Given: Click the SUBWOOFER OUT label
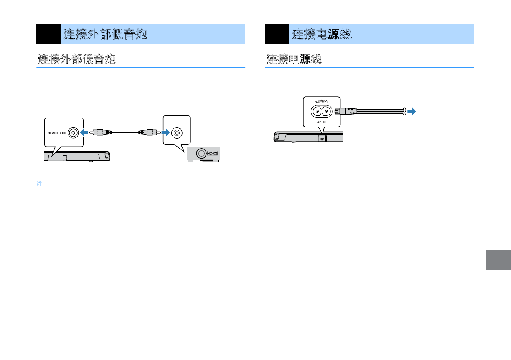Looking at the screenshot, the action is coord(57,133).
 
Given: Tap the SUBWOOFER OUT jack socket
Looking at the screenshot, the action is coord(73,133).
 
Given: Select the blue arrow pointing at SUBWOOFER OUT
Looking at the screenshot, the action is coord(85,132).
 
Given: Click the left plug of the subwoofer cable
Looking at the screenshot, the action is coord(100,132).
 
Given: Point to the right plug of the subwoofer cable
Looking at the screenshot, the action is coord(149,132).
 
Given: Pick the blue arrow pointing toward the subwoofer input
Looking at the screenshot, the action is coord(166,132).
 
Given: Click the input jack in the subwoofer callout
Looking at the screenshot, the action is coord(177,133).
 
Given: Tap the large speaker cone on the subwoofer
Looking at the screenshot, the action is coord(201,154).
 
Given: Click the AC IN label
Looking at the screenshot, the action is coord(321,122).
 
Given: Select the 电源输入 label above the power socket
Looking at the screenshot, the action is coord(321,101).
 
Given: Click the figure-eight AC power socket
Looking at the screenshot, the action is coord(321,111).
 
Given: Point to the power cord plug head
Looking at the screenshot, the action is coord(345,112).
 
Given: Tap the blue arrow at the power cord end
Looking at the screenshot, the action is coord(411,112).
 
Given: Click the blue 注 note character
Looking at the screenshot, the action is coord(39,184).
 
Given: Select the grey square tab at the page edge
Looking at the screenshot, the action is coord(498,260).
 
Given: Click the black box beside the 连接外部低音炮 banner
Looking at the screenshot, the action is coord(48,34).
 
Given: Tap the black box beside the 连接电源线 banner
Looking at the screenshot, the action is coord(277,34).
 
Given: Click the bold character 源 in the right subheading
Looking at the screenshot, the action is coord(305,59).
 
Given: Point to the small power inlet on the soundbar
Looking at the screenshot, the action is coord(322,139).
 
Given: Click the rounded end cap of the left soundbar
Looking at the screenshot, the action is coord(107,156).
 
